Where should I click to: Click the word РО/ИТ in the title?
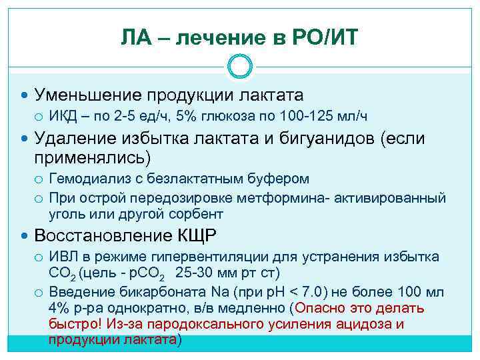tap(325, 38)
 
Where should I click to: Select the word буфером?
tap(279, 179)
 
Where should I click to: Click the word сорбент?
tap(199, 214)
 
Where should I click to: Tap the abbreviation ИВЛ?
tap(64, 257)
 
